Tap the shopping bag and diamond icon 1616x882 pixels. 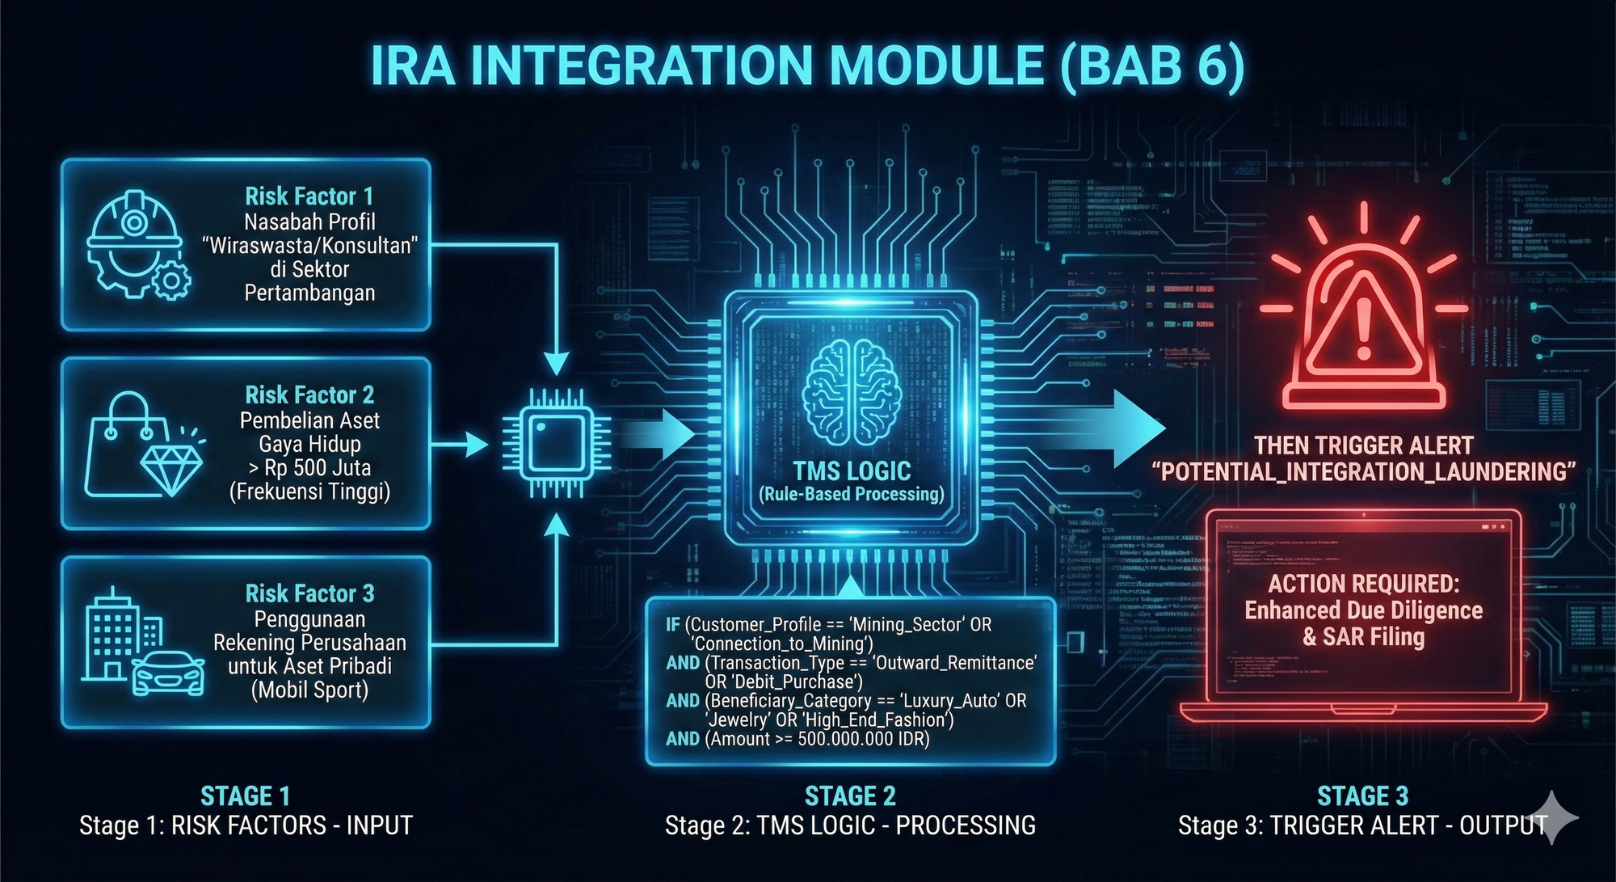[x=144, y=445]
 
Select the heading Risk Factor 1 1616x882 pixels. [x=309, y=196]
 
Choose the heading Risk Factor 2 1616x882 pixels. [x=309, y=395]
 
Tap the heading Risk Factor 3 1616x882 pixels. [x=309, y=594]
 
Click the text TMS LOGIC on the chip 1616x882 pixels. [x=852, y=471]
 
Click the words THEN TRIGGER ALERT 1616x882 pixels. [x=1363, y=445]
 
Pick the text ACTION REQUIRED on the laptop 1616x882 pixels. [x=1363, y=584]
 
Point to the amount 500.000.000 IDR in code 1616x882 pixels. [x=863, y=739]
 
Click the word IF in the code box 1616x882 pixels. [x=672, y=625]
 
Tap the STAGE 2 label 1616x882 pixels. [x=850, y=796]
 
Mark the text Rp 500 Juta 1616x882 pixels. [x=318, y=468]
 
